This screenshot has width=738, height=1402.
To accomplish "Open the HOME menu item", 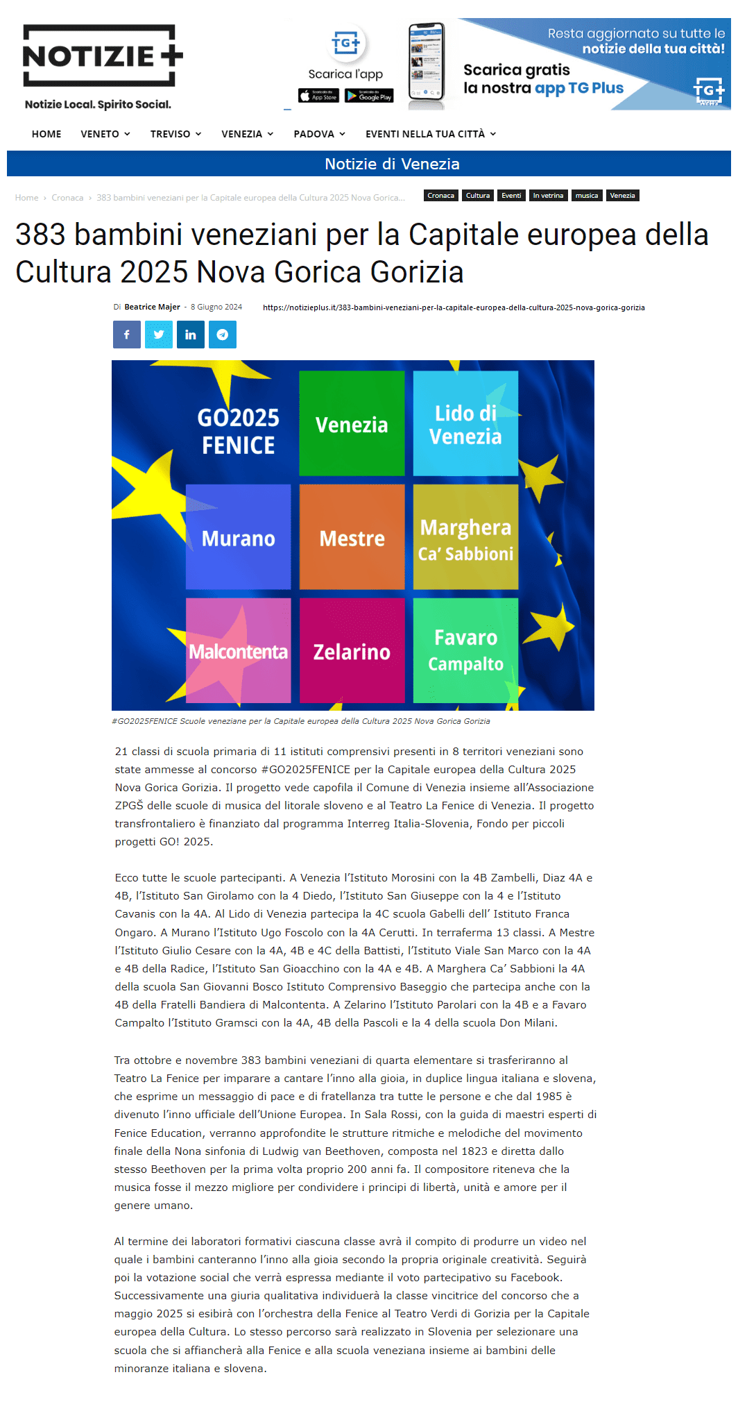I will [46, 134].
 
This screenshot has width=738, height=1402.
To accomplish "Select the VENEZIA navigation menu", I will [247, 134].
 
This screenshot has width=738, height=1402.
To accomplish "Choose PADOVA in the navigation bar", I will [319, 134].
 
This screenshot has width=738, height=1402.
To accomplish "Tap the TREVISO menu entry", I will [175, 134].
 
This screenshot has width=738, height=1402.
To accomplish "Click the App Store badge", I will [318, 96].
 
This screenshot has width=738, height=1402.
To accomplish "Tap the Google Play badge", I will [369, 96].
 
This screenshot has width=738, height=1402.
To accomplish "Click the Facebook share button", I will [127, 335].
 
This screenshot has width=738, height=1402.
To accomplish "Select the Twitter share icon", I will [159, 335].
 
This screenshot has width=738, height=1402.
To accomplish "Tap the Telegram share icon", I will [223, 335].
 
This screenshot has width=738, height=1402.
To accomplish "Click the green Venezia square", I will [352, 423].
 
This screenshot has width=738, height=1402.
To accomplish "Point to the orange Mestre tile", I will [352, 537].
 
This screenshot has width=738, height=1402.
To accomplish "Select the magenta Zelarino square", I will [352, 651].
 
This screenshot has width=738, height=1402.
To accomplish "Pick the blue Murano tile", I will [238, 537].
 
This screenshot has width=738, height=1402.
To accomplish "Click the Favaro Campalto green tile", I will [465, 651].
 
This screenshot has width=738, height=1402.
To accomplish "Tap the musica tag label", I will [587, 196].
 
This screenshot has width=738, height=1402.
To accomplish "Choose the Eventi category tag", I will [511, 196].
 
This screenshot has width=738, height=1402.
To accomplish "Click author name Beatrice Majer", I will [152, 307].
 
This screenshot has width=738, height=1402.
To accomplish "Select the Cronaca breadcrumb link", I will [67, 198].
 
